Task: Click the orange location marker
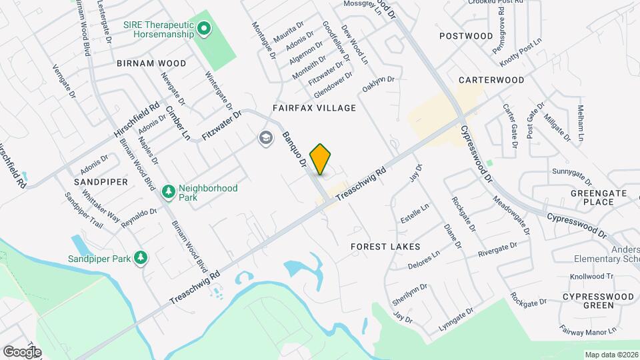(321, 159)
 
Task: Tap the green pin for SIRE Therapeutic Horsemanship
(205, 29)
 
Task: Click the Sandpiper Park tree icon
(140, 258)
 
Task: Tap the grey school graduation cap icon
(265, 138)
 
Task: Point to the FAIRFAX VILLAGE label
(314, 107)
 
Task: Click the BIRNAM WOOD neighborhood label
(151, 63)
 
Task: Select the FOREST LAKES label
(386, 246)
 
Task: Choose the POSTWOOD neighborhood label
(466, 35)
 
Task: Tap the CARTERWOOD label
(491, 79)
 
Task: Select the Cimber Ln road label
(178, 123)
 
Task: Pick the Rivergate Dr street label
(497, 251)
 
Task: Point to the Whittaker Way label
(101, 207)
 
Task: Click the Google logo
(22, 351)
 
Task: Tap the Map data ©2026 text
(611, 355)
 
